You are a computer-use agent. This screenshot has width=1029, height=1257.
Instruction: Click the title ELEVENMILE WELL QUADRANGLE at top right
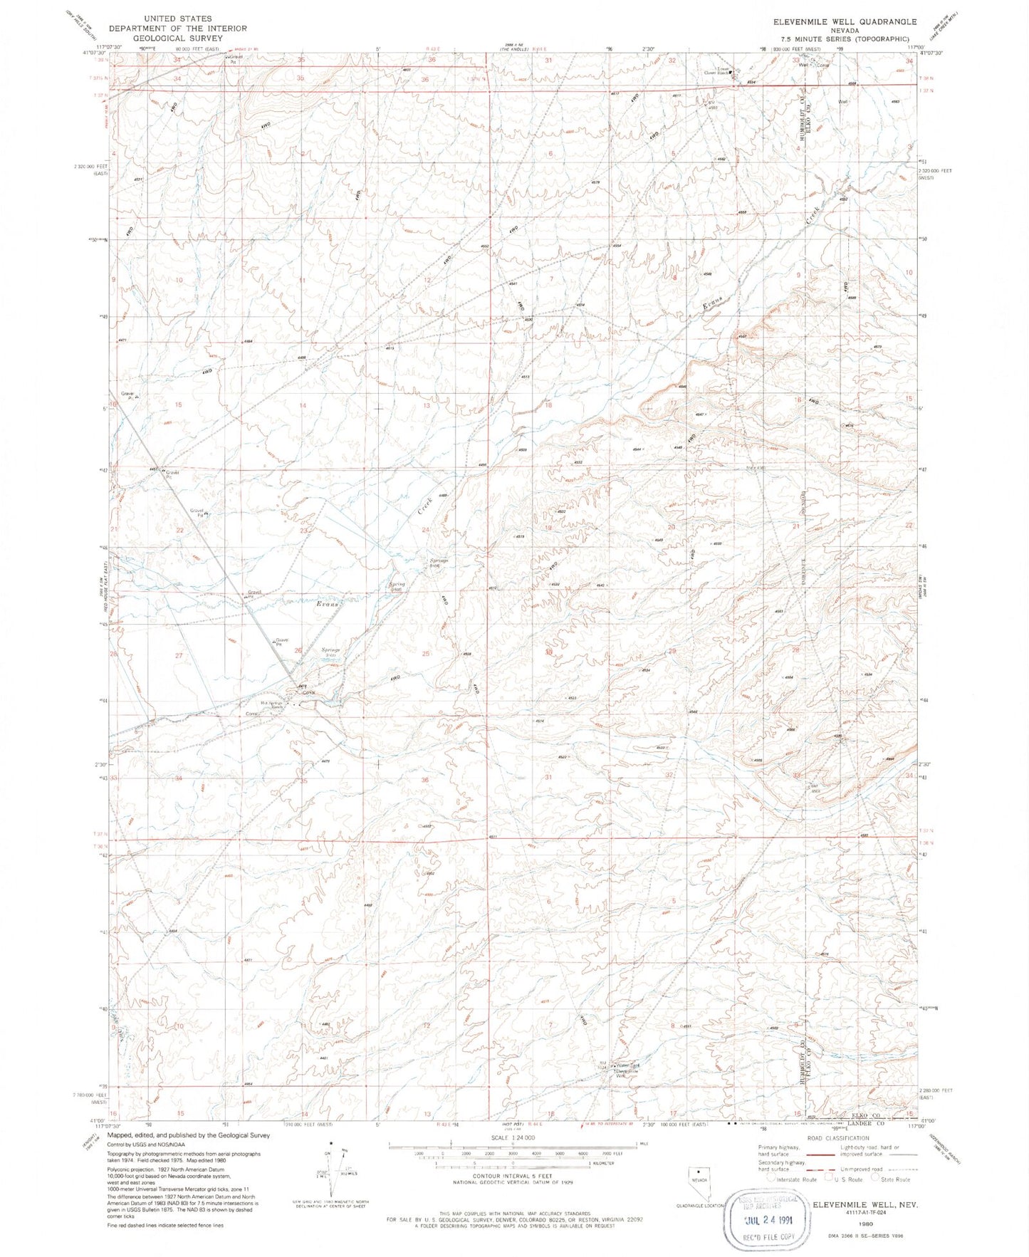(845, 22)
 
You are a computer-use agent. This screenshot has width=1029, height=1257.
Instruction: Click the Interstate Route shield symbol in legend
(771, 1179)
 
